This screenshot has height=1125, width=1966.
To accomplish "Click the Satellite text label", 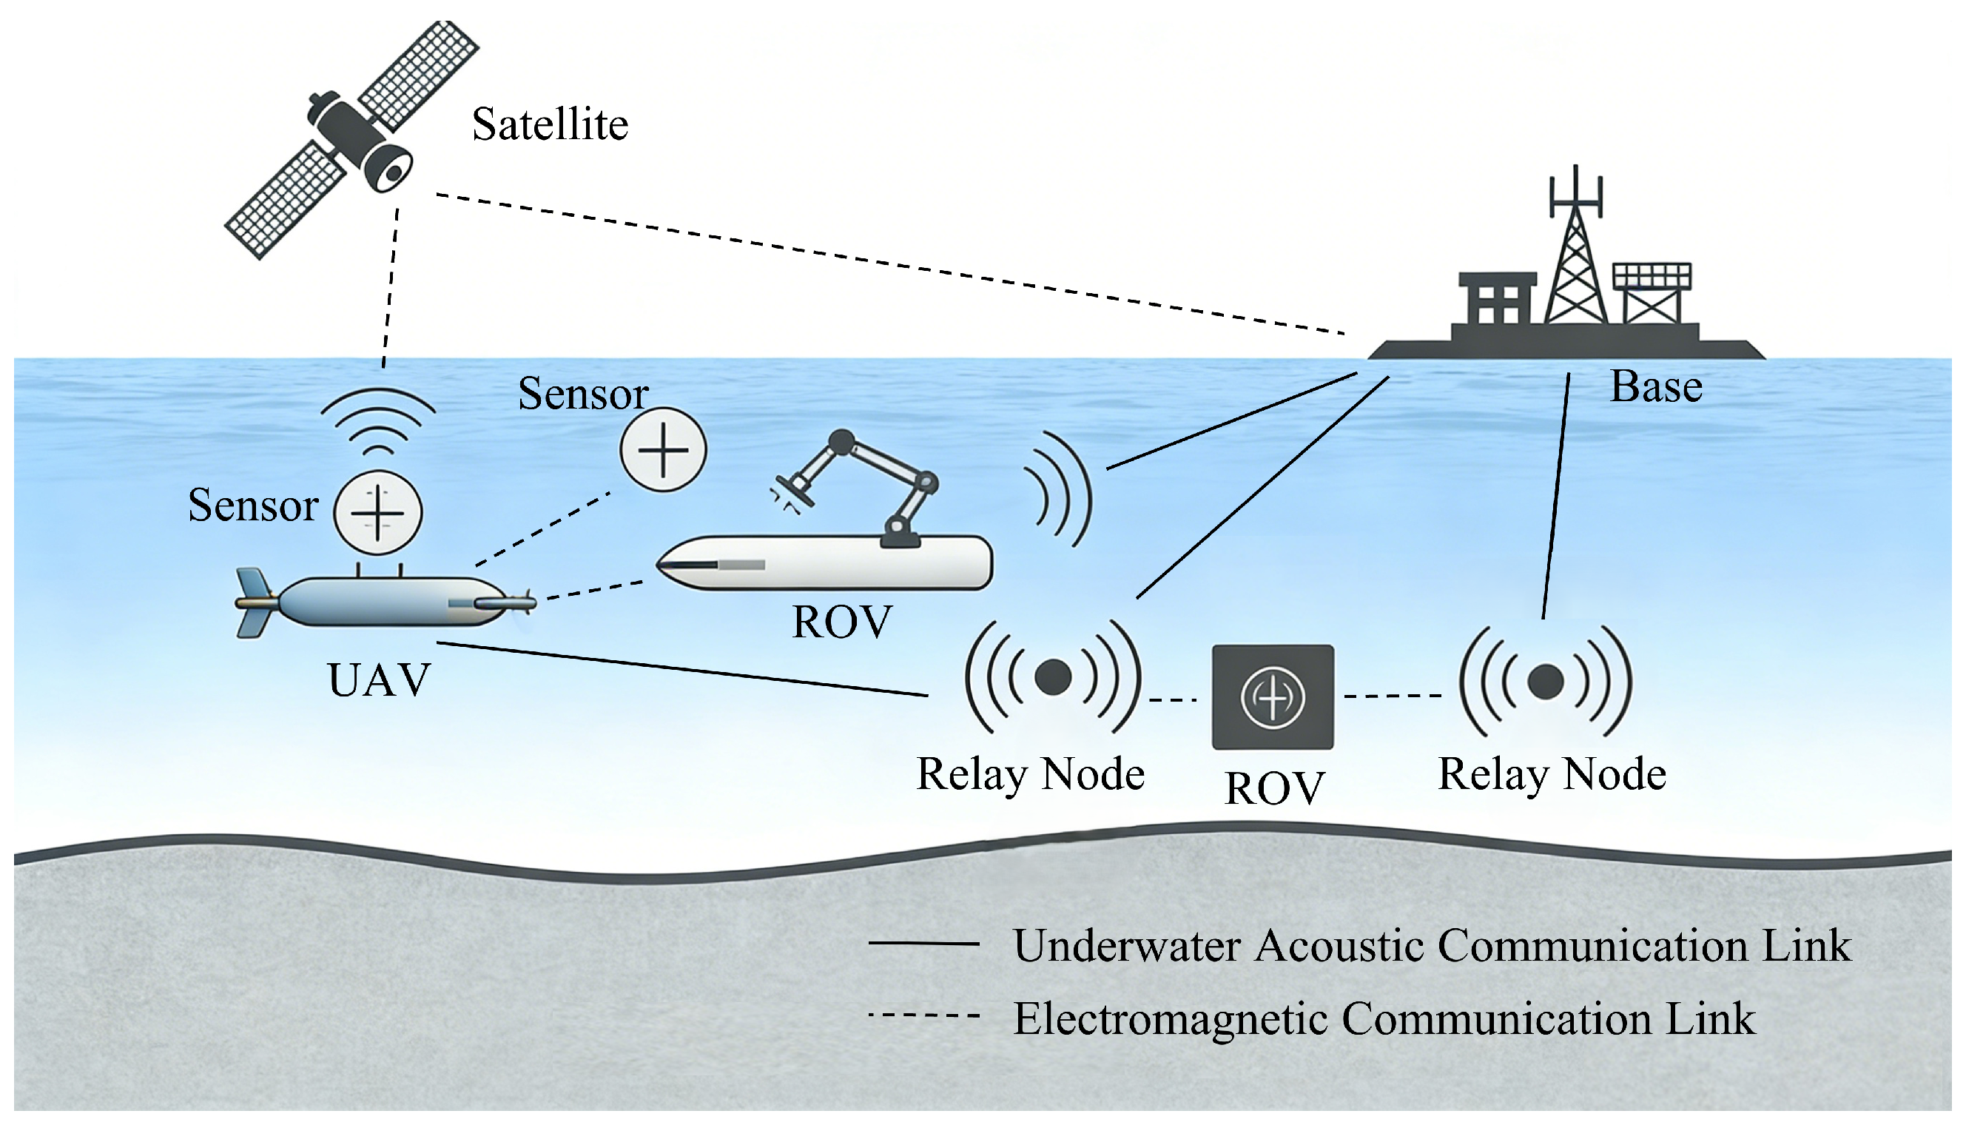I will [x=550, y=124].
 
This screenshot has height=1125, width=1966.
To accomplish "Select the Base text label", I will [x=1655, y=386].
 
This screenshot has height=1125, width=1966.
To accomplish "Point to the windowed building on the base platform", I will [x=1496, y=301].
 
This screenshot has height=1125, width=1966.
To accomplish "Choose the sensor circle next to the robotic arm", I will [x=663, y=450].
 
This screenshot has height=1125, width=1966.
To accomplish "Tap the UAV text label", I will [x=378, y=680].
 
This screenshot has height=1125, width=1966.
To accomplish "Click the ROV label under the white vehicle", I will [x=842, y=622].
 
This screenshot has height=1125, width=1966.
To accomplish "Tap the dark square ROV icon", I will [x=1273, y=697].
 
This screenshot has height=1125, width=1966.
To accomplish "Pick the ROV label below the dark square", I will [x=1274, y=788].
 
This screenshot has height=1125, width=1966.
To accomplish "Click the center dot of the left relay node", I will [x=1052, y=678].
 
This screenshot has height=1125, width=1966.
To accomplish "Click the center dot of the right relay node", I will [x=1546, y=682].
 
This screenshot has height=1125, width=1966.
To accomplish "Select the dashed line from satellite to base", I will [x=888, y=263].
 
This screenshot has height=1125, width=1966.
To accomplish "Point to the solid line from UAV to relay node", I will [x=679, y=669].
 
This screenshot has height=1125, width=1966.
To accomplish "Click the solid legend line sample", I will [x=923, y=944].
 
